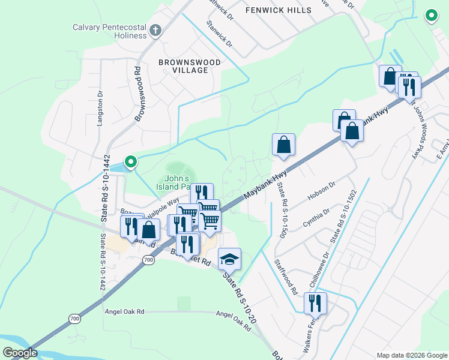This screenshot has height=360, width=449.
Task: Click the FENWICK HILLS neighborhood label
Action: point(279,10)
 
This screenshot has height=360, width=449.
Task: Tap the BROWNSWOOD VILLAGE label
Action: point(189,66)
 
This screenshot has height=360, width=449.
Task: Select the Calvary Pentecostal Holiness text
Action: point(109,31)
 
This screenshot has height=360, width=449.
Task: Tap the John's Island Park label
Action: point(177,182)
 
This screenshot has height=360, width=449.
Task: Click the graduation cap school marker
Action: point(229,259)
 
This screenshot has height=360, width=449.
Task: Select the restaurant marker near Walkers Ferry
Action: point(315,304)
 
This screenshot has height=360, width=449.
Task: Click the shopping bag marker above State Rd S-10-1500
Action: point(283,145)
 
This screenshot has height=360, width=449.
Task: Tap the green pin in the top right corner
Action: point(430,16)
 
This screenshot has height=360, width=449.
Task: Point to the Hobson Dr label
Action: point(321,190)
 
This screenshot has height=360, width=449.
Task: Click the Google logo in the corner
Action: point(20,352)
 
